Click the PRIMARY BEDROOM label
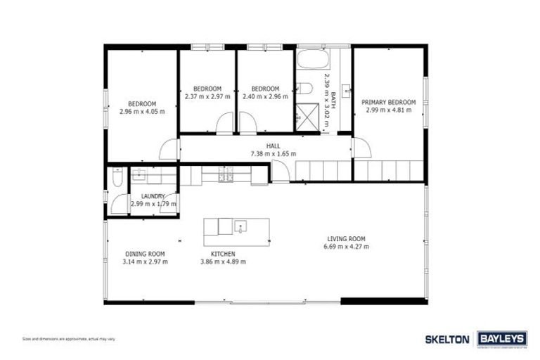[x=389, y=102]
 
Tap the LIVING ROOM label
[x=346, y=238]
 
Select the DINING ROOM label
[x=145, y=254]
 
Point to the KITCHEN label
[x=223, y=254]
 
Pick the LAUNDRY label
[x=153, y=196]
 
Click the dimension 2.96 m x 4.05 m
[x=141, y=111]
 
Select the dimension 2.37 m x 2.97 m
[x=207, y=96]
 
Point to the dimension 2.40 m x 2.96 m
[x=265, y=96]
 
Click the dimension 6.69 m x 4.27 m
[x=346, y=247]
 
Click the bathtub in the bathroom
[x=311, y=59]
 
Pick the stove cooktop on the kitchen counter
[x=226, y=174]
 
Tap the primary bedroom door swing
[x=361, y=148]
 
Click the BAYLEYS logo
[x=502, y=339]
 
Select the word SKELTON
[x=447, y=339]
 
